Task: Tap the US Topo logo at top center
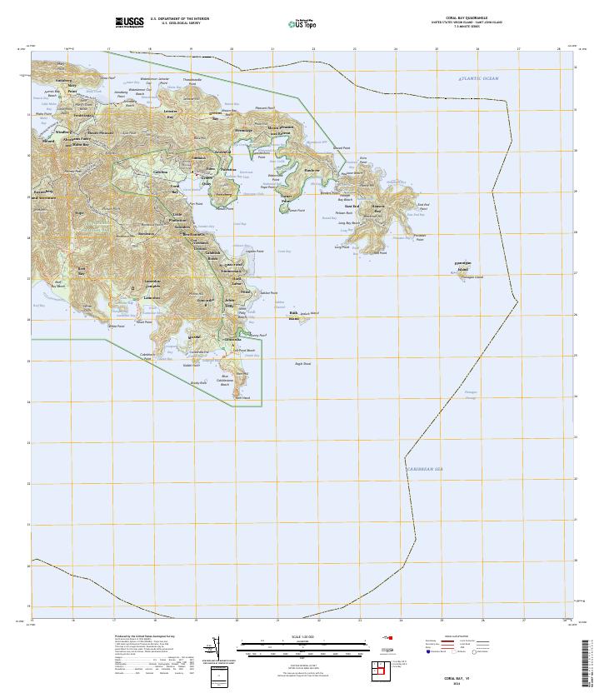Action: point(302,24)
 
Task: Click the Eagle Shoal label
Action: point(302,363)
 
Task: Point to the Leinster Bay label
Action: point(171,114)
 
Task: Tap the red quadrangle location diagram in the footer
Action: point(379,669)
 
